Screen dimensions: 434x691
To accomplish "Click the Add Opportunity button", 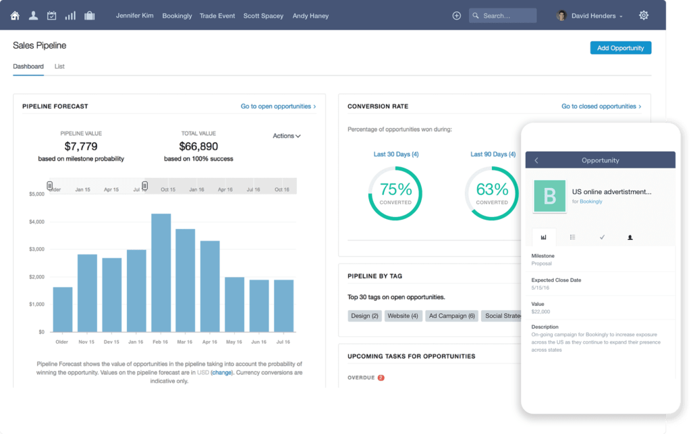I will pos(620,48).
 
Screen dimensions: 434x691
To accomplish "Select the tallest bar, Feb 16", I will pos(161,272).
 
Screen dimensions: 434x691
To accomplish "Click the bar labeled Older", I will pos(62,309).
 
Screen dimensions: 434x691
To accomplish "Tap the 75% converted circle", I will pos(395,193).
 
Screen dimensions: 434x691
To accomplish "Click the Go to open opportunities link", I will pos(278,106).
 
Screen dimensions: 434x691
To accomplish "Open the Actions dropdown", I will pos(286,136).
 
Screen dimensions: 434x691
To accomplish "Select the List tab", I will pos(59,67).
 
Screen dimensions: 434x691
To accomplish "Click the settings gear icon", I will pos(643,15).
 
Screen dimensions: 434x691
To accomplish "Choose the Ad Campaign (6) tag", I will pos(452,315).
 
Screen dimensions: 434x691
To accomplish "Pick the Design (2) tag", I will pos(365,315).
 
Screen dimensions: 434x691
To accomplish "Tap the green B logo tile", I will pos(549,196).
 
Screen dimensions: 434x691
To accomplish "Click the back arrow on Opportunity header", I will pos(536,160).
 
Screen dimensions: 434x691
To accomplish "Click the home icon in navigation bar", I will pos(15,15).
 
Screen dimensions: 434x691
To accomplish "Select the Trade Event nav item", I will pos(217,15).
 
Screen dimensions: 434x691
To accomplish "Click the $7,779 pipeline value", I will pos(81,146).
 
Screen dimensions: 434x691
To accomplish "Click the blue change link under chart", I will pos(221,372).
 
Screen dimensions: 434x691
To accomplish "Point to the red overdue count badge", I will pos(381,378).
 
